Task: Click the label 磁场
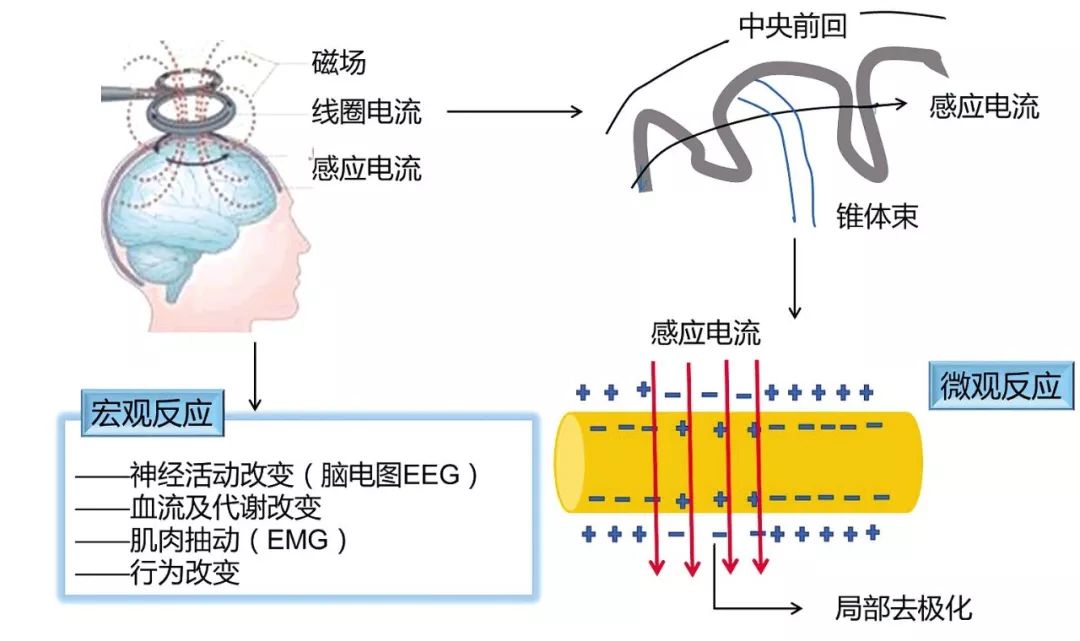(338, 62)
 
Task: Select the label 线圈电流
(366, 112)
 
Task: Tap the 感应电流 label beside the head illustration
(366, 169)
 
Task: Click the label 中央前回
(792, 26)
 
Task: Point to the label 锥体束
(877, 216)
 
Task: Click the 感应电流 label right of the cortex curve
(984, 107)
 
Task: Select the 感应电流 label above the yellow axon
(705, 333)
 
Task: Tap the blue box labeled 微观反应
(1001, 386)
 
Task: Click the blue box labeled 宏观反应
(152, 413)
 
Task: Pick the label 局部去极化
(903, 608)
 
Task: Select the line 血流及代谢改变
(225, 508)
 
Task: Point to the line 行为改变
(185, 572)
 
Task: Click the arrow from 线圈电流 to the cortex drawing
(515, 112)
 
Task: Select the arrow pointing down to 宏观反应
(256, 376)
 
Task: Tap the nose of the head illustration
(304, 241)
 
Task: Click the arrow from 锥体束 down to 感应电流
(795, 278)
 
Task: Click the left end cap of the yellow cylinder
(569, 462)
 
